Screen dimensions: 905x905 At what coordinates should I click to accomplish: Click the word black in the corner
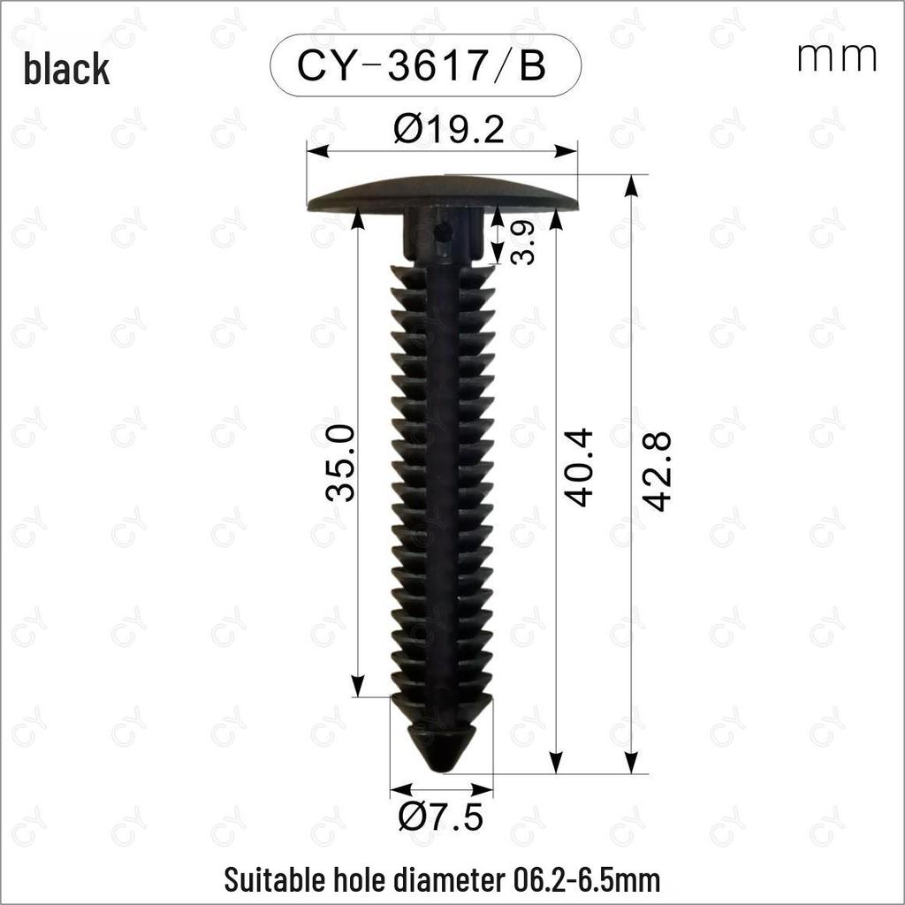tap(66, 68)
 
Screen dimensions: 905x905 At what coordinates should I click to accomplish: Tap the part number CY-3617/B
tap(422, 65)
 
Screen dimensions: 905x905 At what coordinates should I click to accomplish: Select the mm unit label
tap(836, 57)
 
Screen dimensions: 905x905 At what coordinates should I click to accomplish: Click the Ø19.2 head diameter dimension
tap(448, 129)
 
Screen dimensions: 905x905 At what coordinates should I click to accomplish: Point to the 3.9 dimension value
tap(522, 243)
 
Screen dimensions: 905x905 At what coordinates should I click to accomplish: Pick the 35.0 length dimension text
tap(340, 462)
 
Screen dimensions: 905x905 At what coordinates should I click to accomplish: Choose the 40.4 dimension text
tap(578, 467)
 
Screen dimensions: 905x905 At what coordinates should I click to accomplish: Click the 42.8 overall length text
tap(658, 471)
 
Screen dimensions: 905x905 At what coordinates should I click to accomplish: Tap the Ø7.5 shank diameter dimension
tap(440, 817)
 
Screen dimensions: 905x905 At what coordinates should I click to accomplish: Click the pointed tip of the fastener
tap(441, 771)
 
